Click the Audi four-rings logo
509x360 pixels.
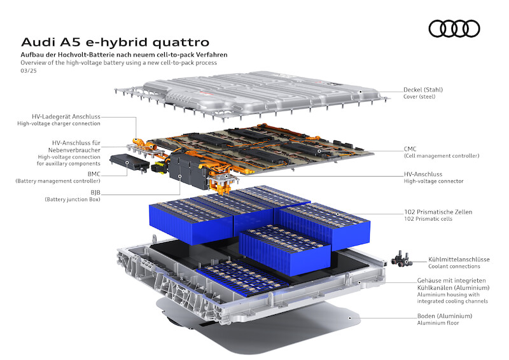pyautogui.click(x=454, y=29)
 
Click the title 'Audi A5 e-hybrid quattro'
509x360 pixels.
pyautogui.click(x=115, y=42)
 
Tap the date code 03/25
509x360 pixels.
pyautogui.click(x=29, y=71)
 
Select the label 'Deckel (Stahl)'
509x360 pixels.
pyautogui.click(x=423, y=90)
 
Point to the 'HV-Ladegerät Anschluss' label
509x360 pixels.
pyautogui.click(x=66, y=116)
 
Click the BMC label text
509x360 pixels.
pyautogui.click(x=94, y=174)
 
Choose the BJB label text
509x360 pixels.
pyautogui.click(x=95, y=193)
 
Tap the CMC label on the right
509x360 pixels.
pyautogui.click(x=410, y=149)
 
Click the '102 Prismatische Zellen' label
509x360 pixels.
pyautogui.click(x=438, y=212)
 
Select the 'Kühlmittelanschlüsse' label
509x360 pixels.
pyautogui.click(x=459, y=260)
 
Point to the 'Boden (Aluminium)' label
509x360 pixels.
pyautogui.click(x=445, y=316)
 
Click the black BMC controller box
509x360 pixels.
pyautogui.click(x=129, y=163)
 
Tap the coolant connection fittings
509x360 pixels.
pyautogui.click(x=401, y=259)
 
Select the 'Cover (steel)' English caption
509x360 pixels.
pyautogui.click(x=419, y=97)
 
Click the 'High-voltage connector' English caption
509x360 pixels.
pyautogui.click(x=434, y=181)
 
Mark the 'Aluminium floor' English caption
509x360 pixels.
pyautogui.click(x=438, y=323)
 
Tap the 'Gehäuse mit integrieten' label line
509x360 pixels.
pyautogui.click(x=452, y=280)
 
